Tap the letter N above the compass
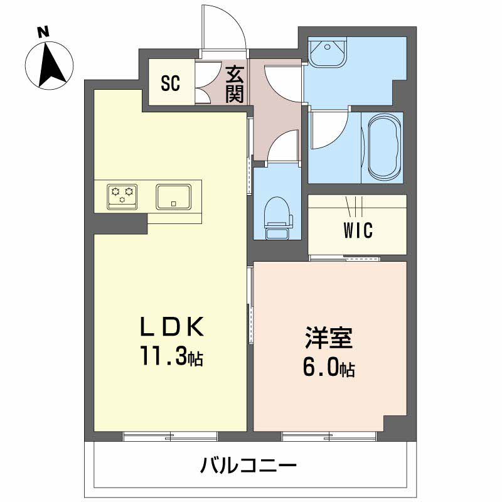(x=43, y=33)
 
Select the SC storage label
(x=170, y=83)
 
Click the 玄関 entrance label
(x=235, y=85)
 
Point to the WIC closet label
(x=358, y=230)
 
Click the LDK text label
(x=172, y=326)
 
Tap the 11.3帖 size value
(x=171, y=356)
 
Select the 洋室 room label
(x=329, y=338)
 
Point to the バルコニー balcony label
(x=248, y=465)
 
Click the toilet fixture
(x=278, y=218)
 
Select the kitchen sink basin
(x=173, y=196)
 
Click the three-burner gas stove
(x=122, y=196)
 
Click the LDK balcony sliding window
(x=170, y=435)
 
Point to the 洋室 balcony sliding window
(x=329, y=435)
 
